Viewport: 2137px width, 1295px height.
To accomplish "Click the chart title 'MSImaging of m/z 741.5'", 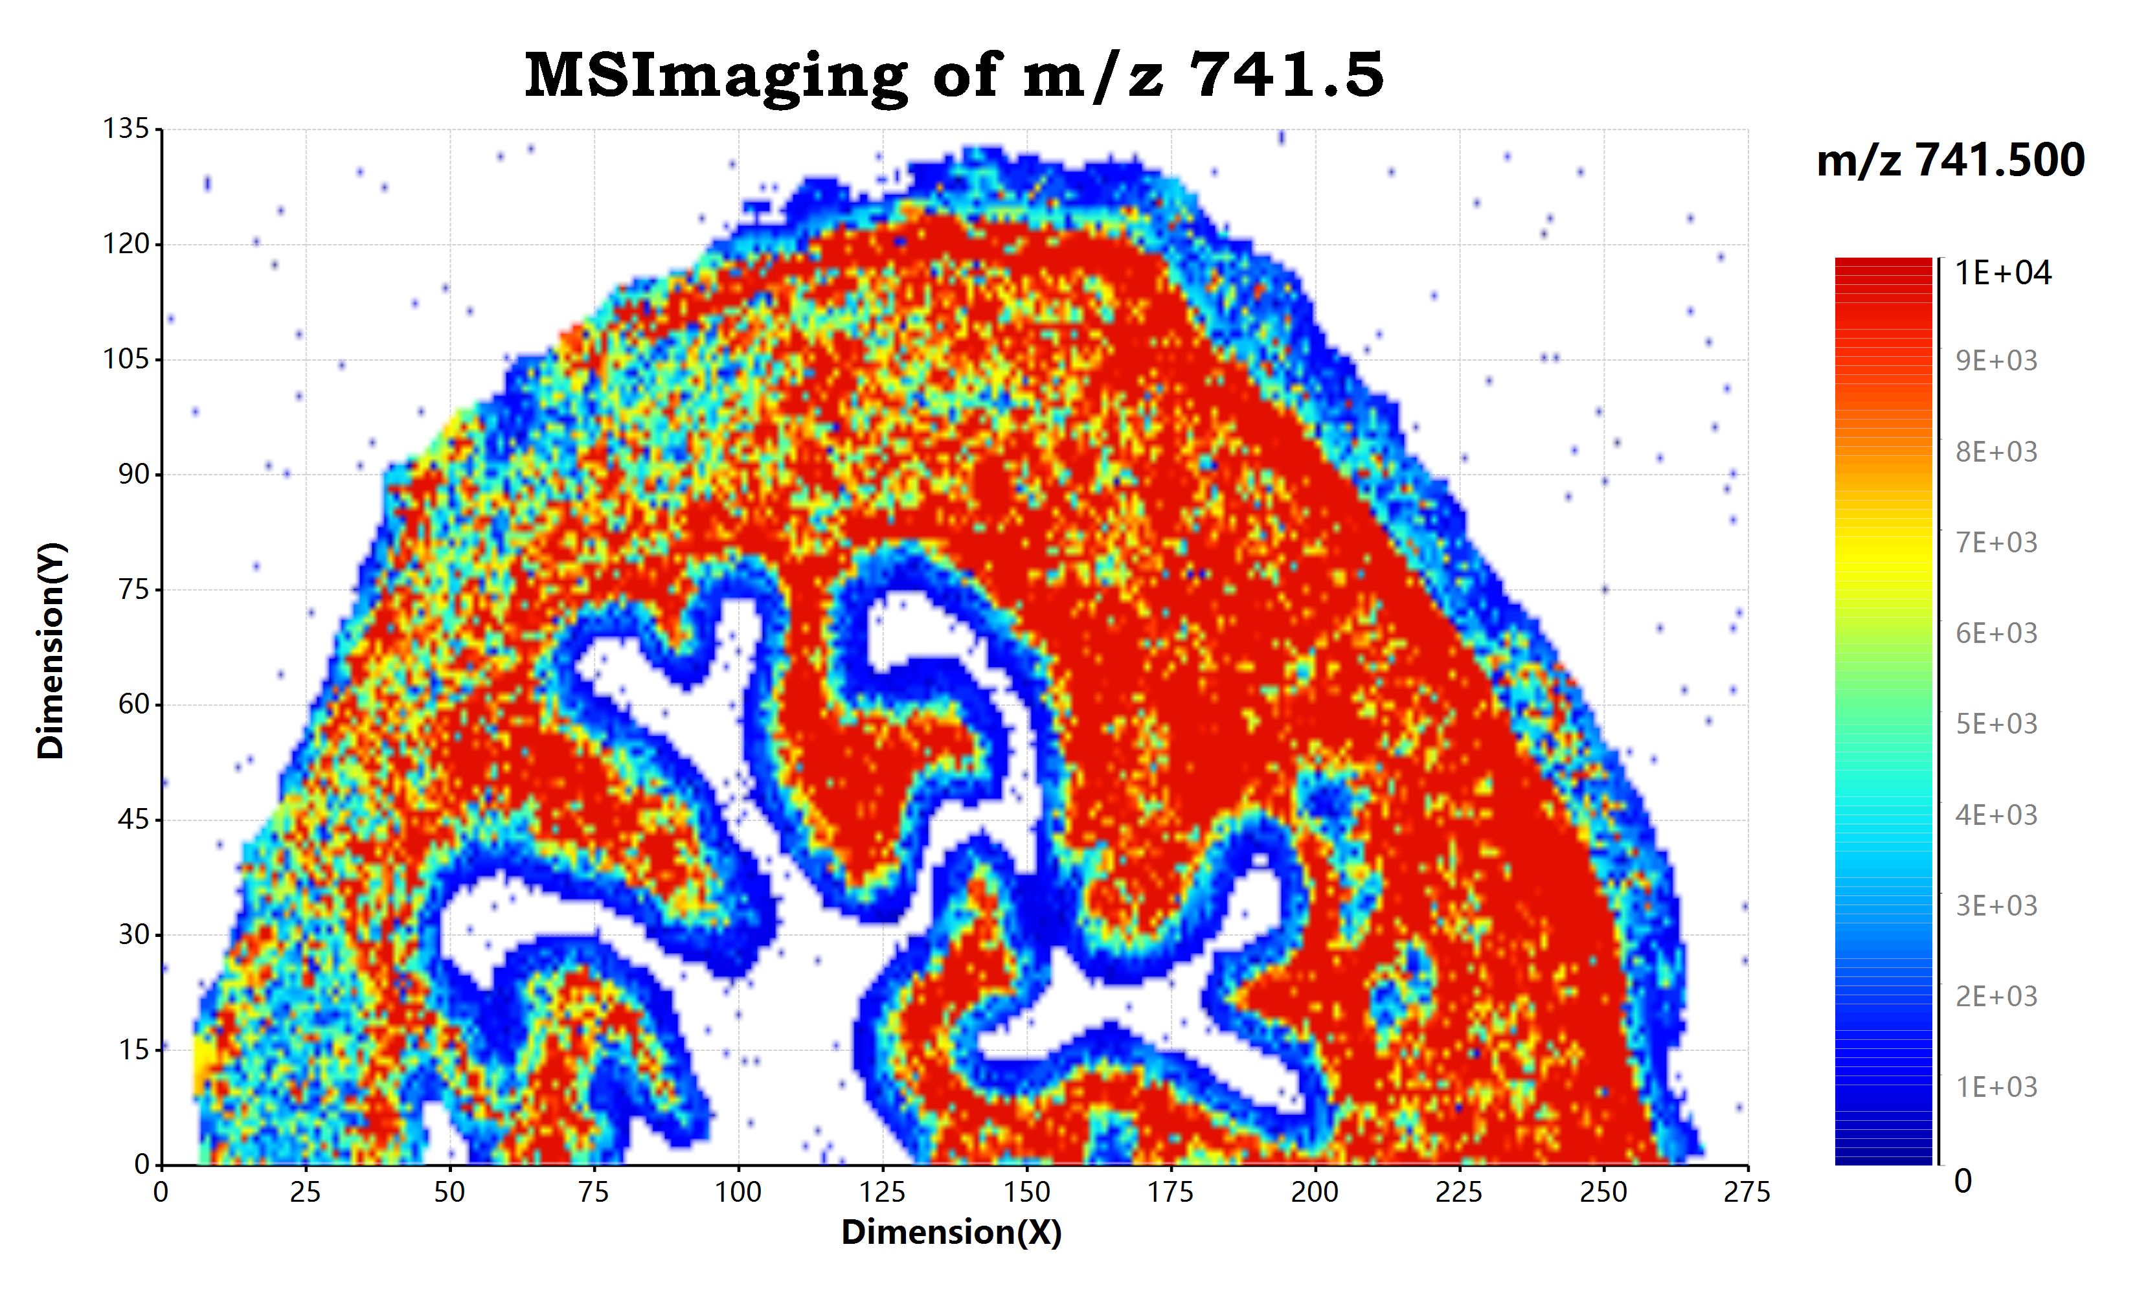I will [x=953, y=76].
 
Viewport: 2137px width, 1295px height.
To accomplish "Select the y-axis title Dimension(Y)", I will [x=51, y=651].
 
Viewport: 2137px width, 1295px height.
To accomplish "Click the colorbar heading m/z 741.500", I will [x=1950, y=161].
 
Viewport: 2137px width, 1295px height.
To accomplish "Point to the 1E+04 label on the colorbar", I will [x=2002, y=273].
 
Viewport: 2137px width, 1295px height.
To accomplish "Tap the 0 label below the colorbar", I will [x=1963, y=1182].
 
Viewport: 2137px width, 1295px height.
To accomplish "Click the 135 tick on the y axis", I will [x=127, y=129].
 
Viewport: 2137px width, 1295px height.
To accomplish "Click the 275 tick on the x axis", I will [x=1747, y=1193].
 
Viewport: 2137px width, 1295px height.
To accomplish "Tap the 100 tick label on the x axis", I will [x=738, y=1193].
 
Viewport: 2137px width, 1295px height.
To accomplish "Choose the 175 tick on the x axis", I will [x=1171, y=1193].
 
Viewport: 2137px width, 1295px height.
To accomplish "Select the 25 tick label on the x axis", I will [x=305, y=1193].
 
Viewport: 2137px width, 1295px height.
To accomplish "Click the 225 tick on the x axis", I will [x=1459, y=1193].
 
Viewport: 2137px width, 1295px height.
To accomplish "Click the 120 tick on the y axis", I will [x=127, y=243].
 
